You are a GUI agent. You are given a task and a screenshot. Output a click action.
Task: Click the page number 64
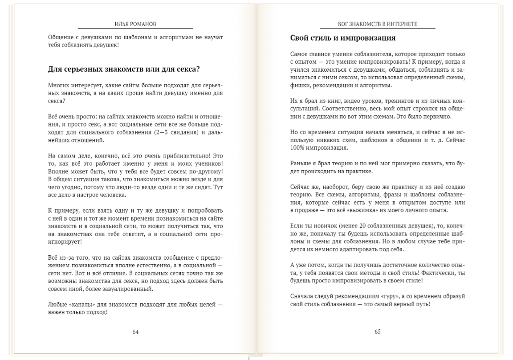pos(135,332)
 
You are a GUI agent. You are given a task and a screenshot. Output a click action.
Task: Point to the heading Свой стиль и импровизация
pos(343,38)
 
